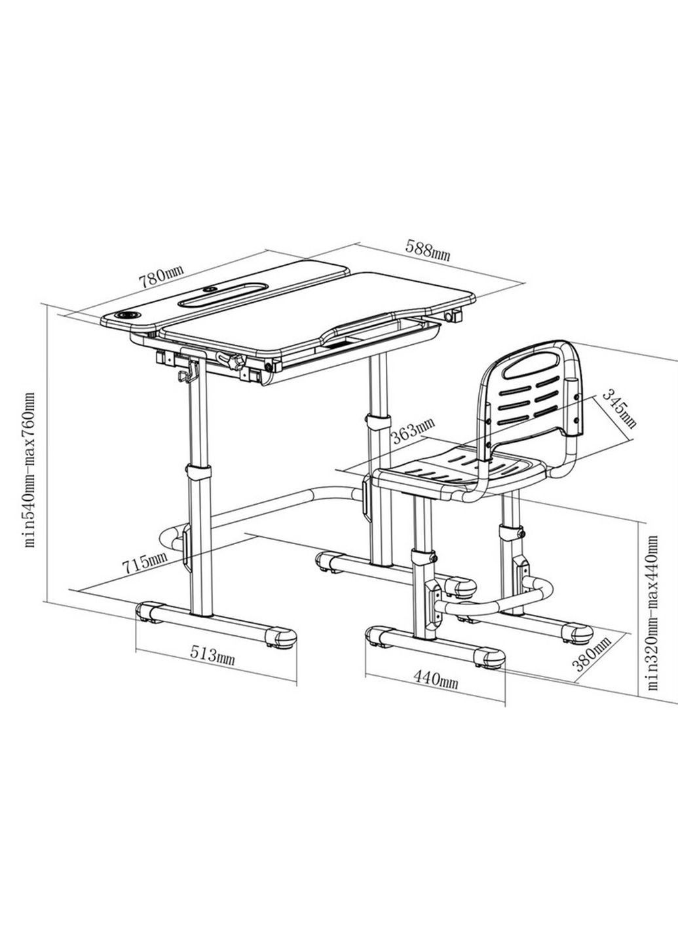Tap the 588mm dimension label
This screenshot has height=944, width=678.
click(427, 250)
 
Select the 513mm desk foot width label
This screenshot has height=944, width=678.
click(212, 654)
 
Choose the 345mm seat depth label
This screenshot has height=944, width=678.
click(618, 408)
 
